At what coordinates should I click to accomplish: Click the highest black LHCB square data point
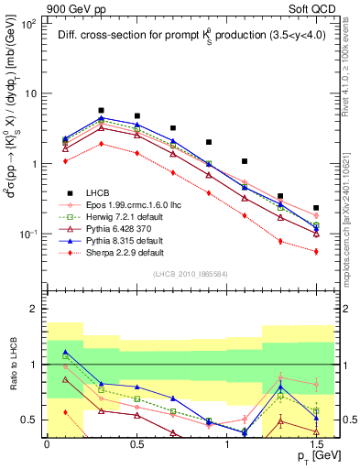101,110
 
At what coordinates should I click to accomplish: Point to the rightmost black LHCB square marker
316,208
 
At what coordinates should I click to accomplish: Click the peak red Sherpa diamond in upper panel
101,144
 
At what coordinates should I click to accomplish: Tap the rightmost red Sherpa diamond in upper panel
316,251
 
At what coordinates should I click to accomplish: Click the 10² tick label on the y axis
26,25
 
